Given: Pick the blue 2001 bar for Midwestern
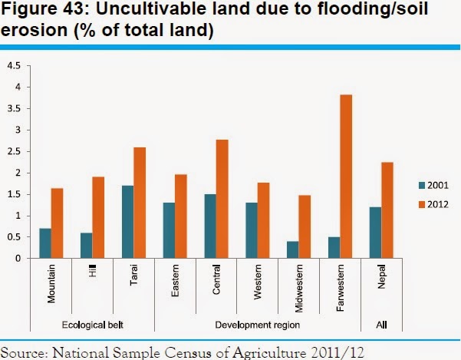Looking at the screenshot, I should click(x=292, y=249).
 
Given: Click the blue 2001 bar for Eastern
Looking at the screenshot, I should click(x=169, y=230).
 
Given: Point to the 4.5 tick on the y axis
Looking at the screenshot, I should click(x=14, y=66).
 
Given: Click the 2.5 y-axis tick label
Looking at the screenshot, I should click(x=14, y=152).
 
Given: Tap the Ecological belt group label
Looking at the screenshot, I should click(x=91, y=325).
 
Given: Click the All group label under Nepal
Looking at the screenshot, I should click(x=381, y=325).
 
